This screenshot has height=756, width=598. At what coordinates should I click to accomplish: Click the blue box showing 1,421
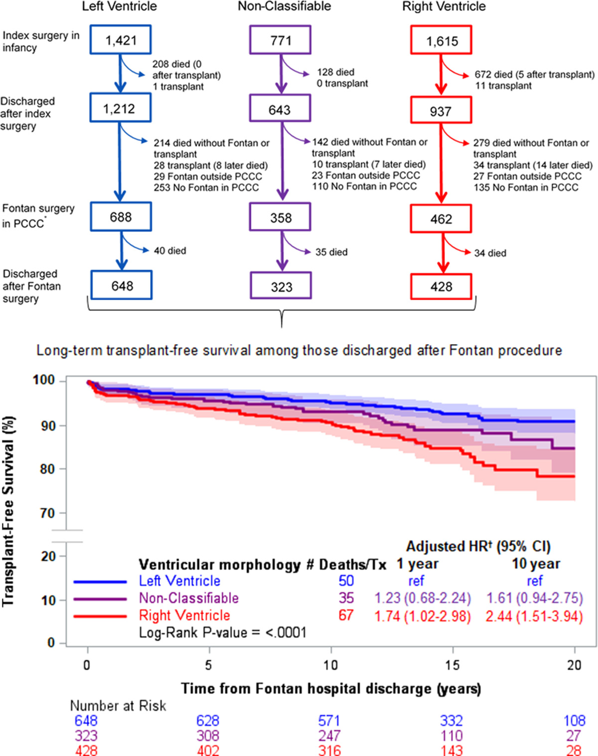[121, 40]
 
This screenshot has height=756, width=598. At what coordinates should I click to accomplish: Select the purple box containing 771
[281, 40]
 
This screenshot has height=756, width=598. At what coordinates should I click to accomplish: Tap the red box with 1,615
[441, 41]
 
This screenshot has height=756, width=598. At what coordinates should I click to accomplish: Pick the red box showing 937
[441, 111]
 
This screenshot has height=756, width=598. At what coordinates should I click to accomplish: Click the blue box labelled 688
[121, 217]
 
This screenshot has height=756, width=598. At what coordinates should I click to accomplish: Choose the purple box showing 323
[281, 286]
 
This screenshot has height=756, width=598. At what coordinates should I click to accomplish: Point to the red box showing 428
[441, 286]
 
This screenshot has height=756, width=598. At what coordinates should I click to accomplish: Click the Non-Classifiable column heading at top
[284, 6]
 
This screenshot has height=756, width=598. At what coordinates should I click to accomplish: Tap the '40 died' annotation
[170, 251]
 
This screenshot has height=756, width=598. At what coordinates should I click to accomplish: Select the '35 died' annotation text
[331, 252]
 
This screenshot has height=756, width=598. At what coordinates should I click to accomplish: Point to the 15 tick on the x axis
[452, 665]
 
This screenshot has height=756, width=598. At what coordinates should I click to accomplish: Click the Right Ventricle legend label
[184, 615]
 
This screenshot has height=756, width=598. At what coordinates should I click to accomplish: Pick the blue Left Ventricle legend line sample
[100, 581]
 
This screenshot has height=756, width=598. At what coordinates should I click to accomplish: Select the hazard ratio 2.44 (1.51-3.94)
[534, 616]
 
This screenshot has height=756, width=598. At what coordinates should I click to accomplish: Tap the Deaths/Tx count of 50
[346, 581]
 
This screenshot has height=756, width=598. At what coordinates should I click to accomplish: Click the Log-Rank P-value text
[222, 633]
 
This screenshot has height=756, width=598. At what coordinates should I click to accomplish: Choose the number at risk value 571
[329, 721]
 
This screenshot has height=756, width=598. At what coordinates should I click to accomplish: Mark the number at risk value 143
[451, 750]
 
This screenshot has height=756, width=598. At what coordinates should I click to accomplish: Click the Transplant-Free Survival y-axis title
[9, 511]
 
